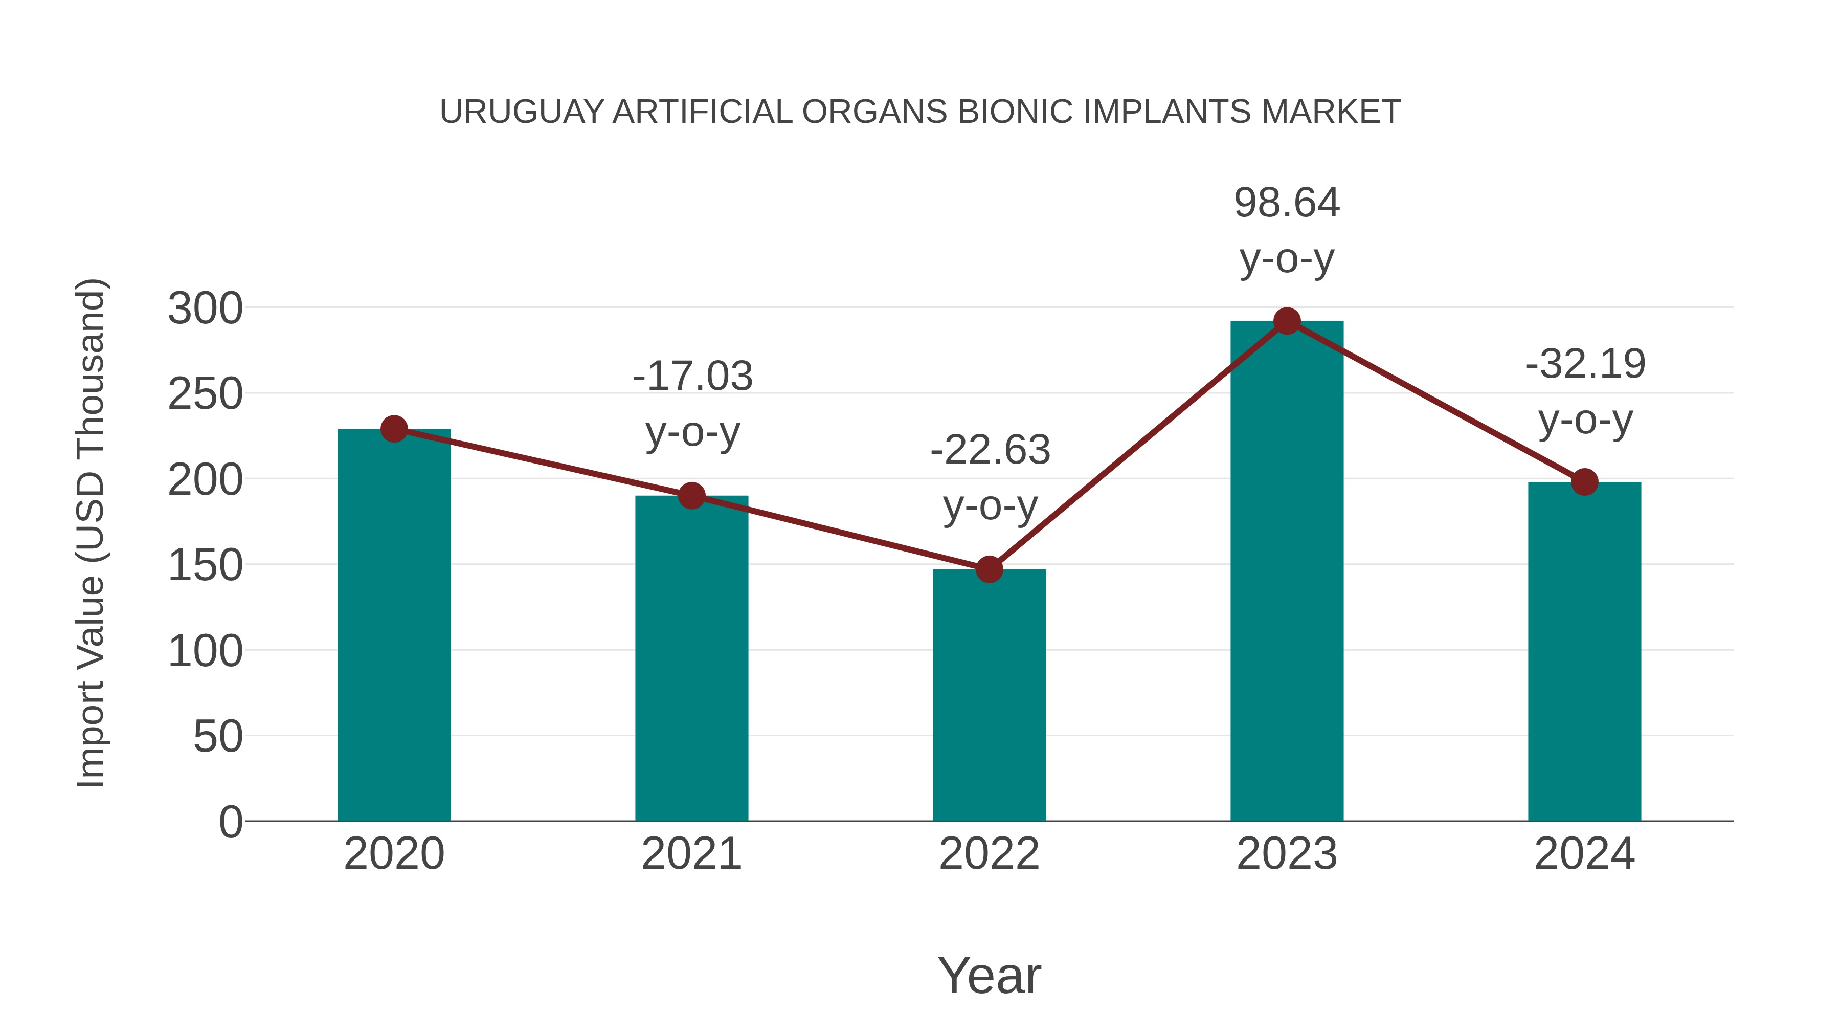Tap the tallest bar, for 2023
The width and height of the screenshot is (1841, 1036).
[x=1287, y=572]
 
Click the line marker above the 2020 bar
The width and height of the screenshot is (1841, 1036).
[x=394, y=429]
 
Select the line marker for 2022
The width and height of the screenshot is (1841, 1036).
[x=989, y=570]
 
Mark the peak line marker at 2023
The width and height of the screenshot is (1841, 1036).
[x=1287, y=322]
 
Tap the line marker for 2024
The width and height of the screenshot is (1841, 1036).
[x=1584, y=482]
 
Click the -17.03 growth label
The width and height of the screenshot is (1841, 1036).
[x=692, y=377]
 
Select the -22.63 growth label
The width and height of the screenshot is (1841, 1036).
[x=990, y=450]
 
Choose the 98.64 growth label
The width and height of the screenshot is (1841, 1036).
[x=1287, y=203]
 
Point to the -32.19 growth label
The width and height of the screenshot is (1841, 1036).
[x=1585, y=365]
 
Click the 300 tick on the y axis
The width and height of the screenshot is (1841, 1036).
[x=205, y=309]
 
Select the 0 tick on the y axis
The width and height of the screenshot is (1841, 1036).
[x=230, y=822]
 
